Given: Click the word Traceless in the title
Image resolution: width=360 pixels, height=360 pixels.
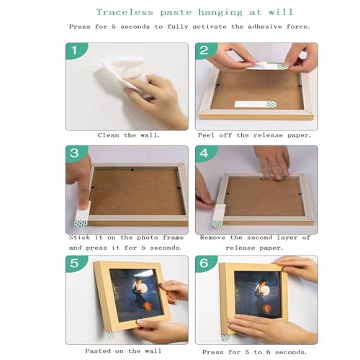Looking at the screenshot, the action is (125, 12).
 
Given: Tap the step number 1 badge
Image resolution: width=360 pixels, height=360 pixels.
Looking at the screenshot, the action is (76, 50).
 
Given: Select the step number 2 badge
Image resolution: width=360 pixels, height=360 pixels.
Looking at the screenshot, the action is (204, 50).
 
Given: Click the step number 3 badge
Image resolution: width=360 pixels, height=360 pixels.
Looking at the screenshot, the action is (76, 153).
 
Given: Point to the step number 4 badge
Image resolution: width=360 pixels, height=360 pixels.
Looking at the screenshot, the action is (204, 153).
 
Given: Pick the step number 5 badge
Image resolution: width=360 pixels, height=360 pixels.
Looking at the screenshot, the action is (76, 264).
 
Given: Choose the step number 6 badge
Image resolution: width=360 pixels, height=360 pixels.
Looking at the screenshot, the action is (204, 264).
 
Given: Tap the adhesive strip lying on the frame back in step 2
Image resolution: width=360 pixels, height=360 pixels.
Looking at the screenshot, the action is (256, 104).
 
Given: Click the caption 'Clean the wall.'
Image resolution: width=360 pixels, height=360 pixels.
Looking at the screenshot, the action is (129, 135).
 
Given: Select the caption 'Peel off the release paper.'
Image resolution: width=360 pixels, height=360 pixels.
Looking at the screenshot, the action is (254, 135).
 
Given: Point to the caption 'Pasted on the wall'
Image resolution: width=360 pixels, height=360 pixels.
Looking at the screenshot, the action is (123, 351).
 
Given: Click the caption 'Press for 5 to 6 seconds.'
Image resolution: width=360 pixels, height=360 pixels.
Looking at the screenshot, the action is (255, 352).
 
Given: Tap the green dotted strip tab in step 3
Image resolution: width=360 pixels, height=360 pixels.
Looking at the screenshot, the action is (81, 224).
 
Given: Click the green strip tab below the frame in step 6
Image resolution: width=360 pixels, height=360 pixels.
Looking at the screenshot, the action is (225, 338).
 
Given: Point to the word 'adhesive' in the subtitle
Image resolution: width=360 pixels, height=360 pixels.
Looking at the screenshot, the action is (265, 27).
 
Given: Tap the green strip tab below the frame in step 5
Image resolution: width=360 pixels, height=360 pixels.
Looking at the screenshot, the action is (110, 336).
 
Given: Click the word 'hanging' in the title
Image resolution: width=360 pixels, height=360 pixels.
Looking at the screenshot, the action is (220, 12).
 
